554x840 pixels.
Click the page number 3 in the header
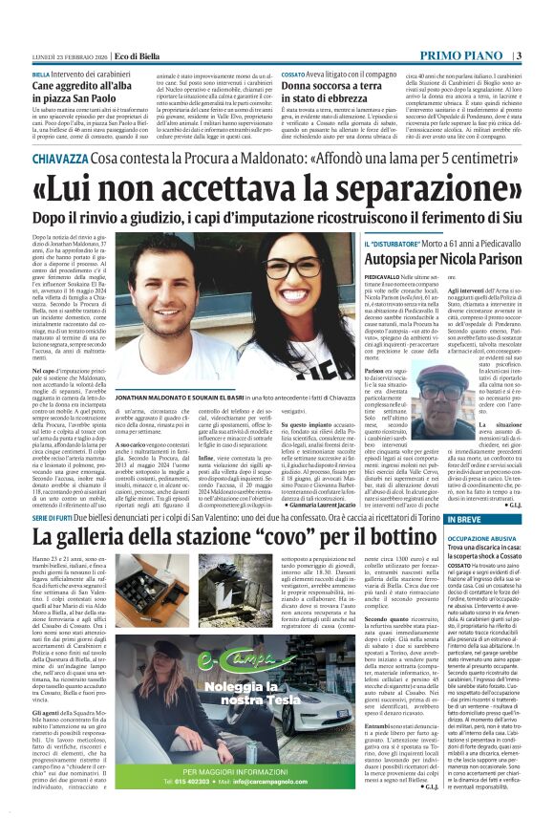(x=542, y=32)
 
